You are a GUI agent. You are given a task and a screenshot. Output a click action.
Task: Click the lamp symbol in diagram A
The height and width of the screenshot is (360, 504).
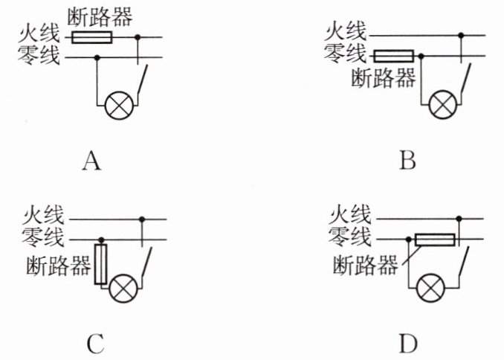click(119, 105)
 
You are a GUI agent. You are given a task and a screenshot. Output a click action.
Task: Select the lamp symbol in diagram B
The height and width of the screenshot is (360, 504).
click(442, 105)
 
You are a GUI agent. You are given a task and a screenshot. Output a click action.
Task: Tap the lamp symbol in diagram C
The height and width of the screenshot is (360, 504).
click(123, 289)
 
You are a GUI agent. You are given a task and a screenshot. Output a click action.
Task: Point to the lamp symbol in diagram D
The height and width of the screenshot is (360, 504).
click(430, 288)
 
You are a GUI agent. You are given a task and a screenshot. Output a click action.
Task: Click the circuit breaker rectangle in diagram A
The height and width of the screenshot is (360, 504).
click(92, 37)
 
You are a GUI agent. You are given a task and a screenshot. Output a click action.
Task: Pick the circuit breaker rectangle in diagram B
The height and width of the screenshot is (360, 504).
click(394, 56)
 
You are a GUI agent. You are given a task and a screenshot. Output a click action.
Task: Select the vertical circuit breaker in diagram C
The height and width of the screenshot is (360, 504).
click(100, 264)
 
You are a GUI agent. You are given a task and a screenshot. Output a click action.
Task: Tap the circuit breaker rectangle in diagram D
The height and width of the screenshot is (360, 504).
click(435, 240)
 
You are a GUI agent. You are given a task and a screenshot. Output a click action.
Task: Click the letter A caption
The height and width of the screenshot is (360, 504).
click(92, 161)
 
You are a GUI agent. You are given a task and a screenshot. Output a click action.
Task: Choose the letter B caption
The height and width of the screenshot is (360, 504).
click(407, 160)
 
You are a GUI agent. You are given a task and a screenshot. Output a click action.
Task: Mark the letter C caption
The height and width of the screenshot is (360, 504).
click(95, 344)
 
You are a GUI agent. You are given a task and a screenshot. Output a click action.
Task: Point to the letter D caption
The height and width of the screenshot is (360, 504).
click(408, 344)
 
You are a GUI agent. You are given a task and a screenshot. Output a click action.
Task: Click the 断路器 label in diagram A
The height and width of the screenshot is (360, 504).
click(100, 16)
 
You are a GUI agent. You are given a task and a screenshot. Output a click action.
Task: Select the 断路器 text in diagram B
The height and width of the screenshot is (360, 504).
click(384, 78)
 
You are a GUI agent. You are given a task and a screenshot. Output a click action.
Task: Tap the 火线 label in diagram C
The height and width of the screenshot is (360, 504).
click(43, 215)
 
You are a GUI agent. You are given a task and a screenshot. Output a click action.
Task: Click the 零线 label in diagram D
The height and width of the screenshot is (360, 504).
click(349, 237)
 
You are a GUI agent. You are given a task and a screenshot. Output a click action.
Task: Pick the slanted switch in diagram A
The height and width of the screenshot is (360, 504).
click(143, 80)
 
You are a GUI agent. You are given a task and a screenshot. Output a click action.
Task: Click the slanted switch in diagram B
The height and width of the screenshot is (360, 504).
click(466, 79)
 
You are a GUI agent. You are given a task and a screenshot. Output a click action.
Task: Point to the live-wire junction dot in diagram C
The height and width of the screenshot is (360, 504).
click(142, 219)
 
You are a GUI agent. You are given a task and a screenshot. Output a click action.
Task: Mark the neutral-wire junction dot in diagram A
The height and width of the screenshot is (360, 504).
click(97, 57)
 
